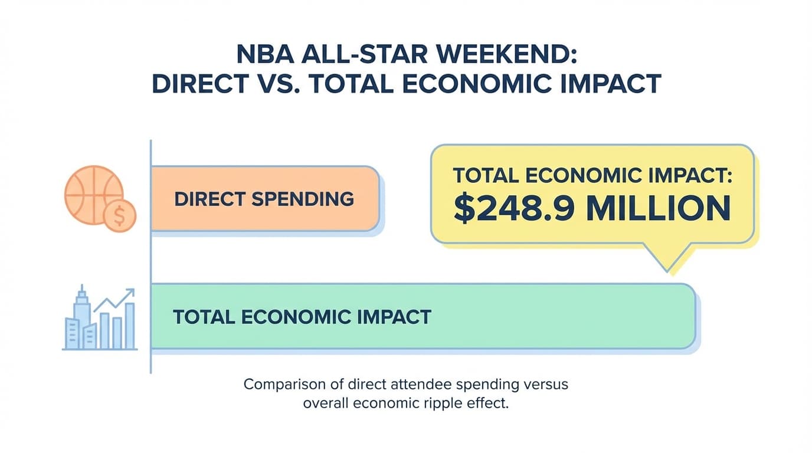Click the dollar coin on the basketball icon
119,216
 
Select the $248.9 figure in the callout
511,209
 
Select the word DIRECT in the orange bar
209,199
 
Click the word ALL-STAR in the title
365,55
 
